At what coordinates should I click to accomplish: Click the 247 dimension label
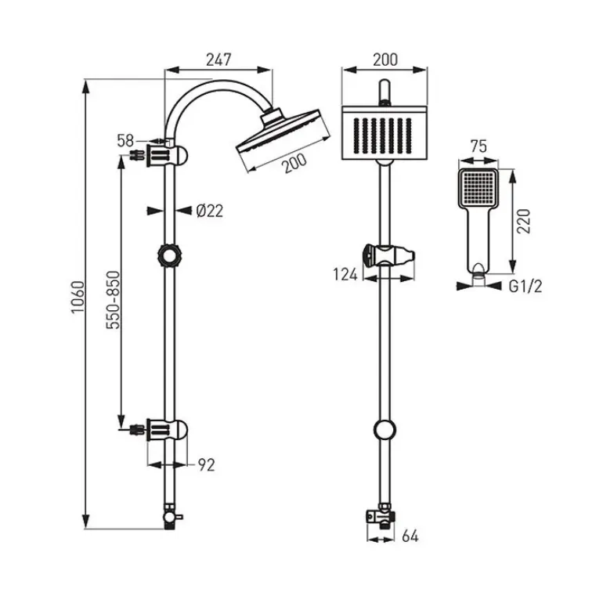[x=218, y=60]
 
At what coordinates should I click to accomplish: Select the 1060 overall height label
[x=78, y=298]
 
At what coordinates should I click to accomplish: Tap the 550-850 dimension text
[x=114, y=300]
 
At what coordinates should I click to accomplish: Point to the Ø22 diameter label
[x=209, y=211]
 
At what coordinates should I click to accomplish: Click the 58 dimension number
[x=125, y=141]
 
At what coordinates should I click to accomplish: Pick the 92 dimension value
[x=206, y=465]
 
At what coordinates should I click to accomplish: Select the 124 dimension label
[x=345, y=275]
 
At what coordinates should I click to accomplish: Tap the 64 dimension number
[x=410, y=536]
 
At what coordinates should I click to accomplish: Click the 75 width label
[x=478, y=146]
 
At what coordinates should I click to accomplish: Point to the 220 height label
[x=523, y=221]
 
